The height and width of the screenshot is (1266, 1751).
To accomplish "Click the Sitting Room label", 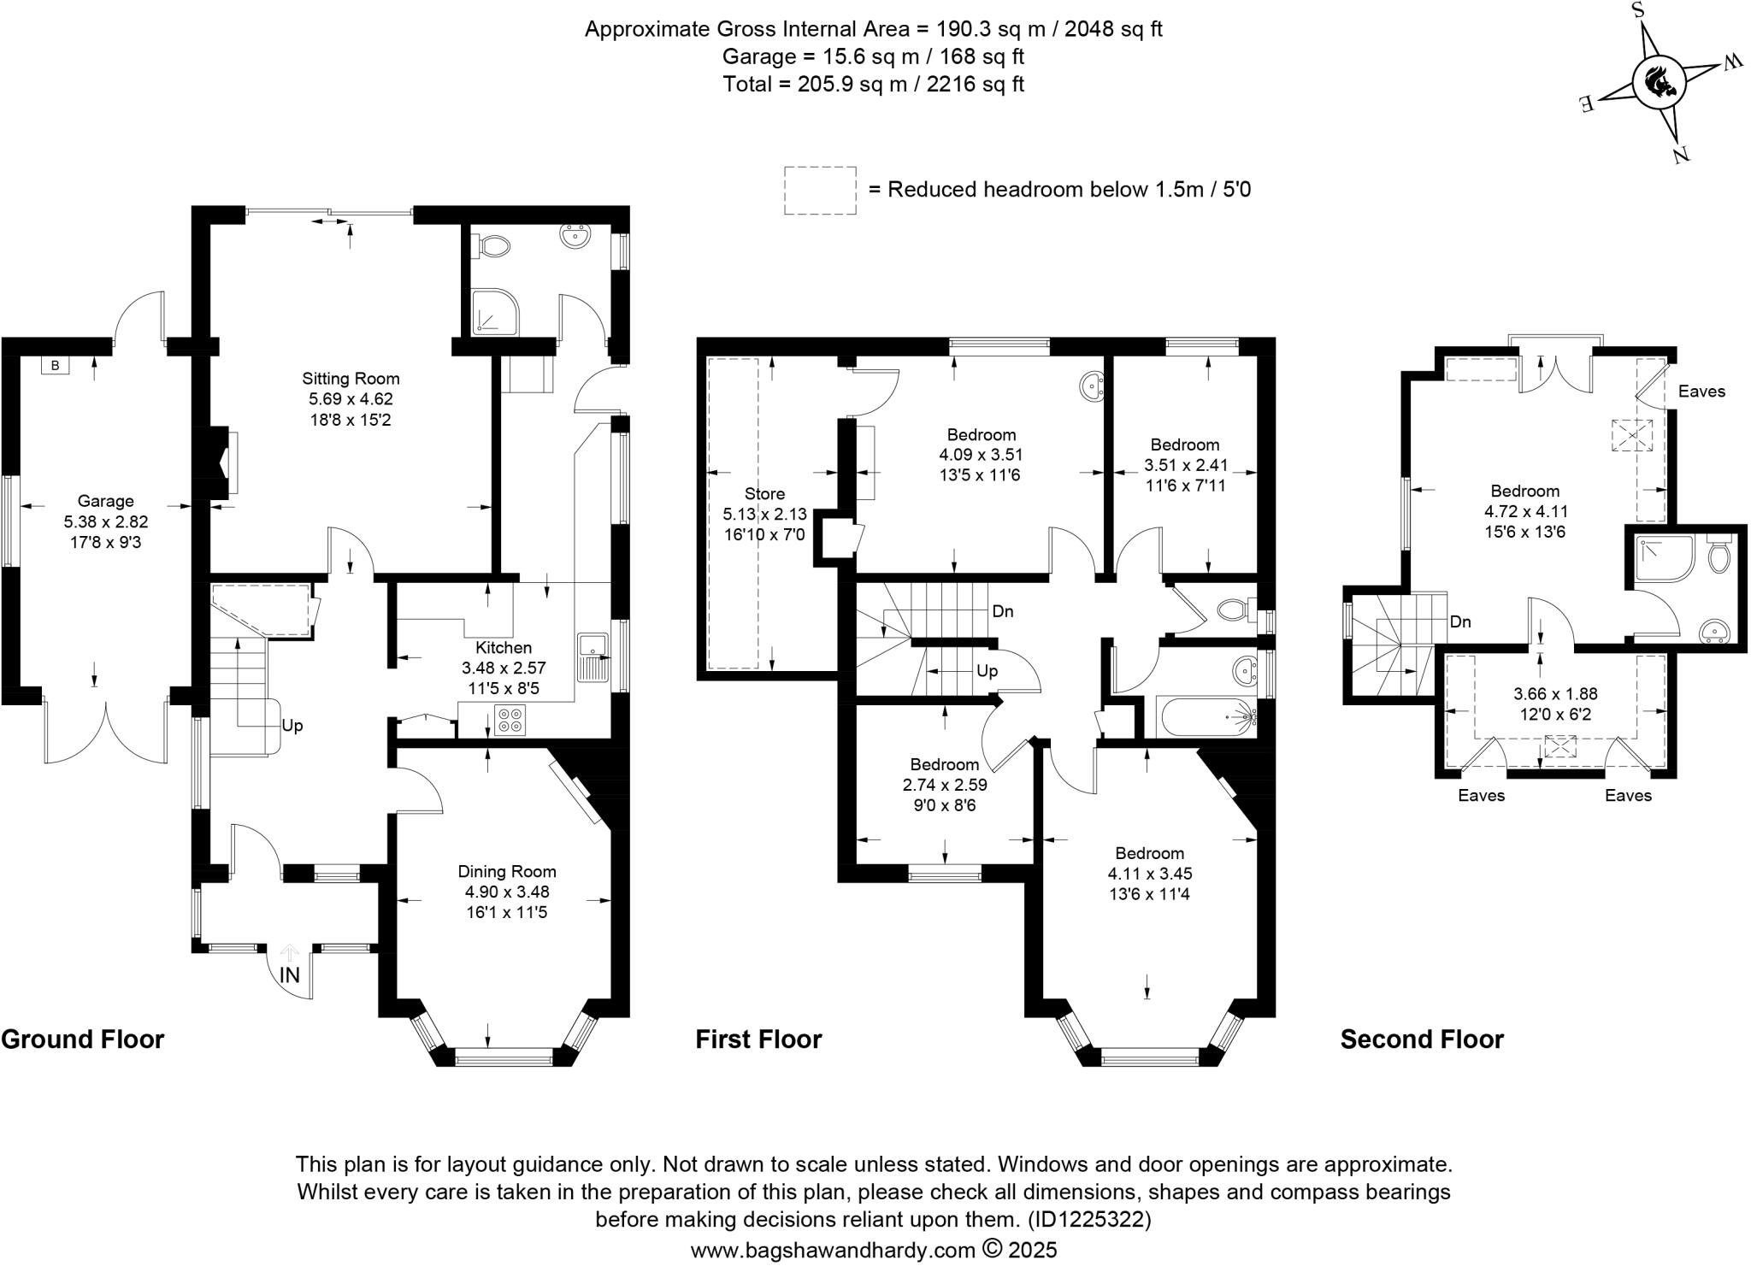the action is (351, 379).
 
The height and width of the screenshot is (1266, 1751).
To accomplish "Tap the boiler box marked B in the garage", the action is (56, 366).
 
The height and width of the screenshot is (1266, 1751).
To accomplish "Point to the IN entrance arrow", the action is (290, 967).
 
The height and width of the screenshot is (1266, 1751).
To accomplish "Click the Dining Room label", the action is (507, 872).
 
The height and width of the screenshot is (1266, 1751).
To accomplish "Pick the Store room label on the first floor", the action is (764, 494).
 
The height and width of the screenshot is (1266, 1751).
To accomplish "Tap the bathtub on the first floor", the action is (1206, 716).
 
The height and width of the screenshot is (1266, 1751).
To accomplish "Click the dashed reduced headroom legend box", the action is (820, 190).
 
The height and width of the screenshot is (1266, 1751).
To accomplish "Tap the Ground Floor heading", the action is (83, 1039).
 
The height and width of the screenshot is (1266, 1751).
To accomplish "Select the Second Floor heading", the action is (1422, 1039).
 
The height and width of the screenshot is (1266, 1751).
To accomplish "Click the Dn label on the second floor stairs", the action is (1460, 621).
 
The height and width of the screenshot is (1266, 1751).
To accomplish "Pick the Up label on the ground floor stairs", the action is (292, 726).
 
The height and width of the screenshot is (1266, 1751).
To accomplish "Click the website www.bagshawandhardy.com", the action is (832, 1250).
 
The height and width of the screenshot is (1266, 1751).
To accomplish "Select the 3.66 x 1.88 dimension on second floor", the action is (1555, 694).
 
